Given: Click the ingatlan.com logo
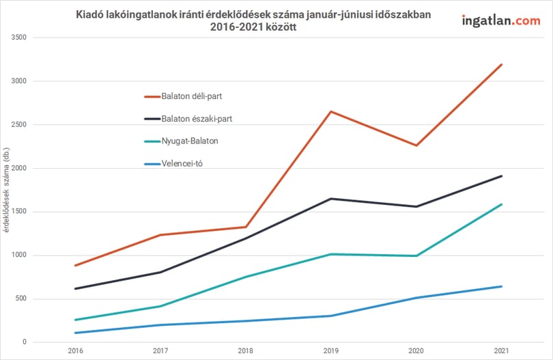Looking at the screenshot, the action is point(501,20).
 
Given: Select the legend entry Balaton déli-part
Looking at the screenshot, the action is point(184,96).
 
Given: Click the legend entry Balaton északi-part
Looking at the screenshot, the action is point(188,119).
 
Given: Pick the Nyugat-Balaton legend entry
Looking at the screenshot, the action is point(182,141).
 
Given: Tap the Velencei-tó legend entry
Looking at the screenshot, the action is point(173,164).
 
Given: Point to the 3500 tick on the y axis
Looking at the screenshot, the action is point(18,38).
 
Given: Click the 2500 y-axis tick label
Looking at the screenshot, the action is point(18,124).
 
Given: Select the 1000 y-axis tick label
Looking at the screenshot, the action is point(18,255).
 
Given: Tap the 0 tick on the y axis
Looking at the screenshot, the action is point(25,342).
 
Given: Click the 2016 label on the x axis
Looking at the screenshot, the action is point(76,351).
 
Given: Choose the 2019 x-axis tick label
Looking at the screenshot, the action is point(331,351).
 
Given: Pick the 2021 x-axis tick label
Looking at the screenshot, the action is point(502,351).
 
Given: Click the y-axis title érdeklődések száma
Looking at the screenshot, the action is point(6,190).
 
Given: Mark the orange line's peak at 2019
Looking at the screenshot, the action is point(331,111).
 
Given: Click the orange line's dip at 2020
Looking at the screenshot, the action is point(416,146).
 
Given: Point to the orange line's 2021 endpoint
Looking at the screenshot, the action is point(502,65).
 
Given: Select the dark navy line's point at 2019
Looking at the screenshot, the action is point(331,199).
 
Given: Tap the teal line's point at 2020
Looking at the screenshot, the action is point(416,256).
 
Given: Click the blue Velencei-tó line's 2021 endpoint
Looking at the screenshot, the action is point(502,287).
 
